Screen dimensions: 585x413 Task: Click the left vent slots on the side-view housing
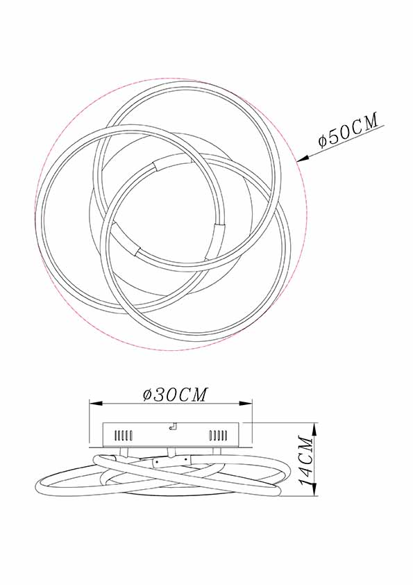(x=122, y=436)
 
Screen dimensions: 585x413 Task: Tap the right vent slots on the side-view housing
(x=218, y=436)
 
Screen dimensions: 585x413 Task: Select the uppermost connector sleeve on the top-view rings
(x=159, y=165)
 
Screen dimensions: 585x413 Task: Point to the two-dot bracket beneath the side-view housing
(x=167, y=458)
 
